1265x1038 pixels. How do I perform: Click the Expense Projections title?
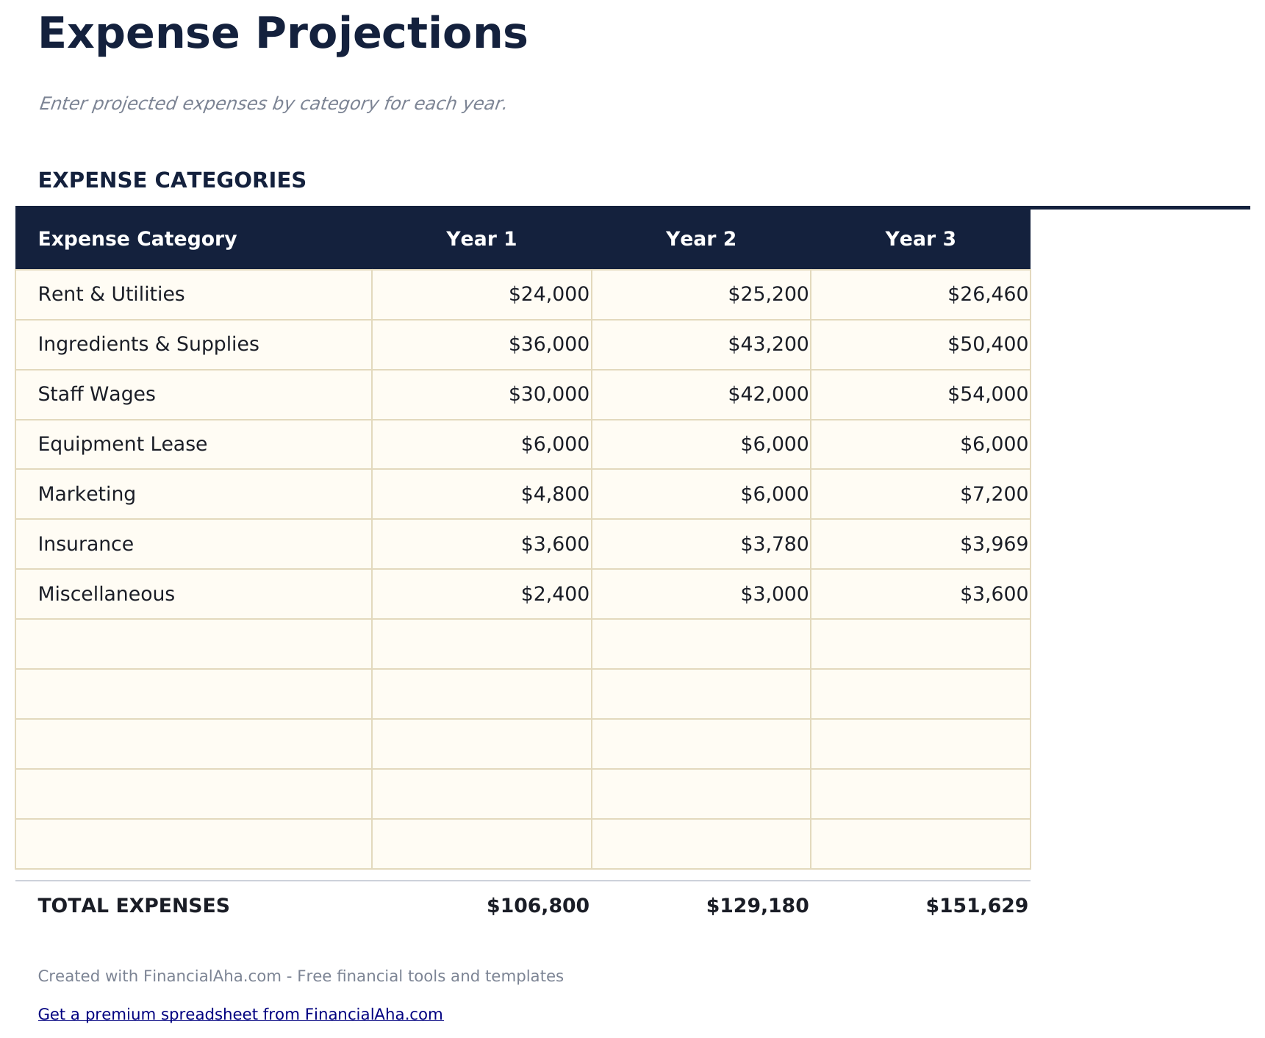tap(282, 34)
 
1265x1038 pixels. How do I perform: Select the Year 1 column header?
tap(481, 239)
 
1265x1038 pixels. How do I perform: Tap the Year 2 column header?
tap(700, 239)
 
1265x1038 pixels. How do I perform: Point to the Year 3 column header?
tap(920, 239)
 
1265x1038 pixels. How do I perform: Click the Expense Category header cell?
tap(137, 239)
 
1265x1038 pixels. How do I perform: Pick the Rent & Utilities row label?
tap(111, 294)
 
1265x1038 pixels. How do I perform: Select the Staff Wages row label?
tap(96, 394)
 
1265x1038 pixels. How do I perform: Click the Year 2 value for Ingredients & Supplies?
tap(768, 344)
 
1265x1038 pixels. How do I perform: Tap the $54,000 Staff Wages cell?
tap(987, 394)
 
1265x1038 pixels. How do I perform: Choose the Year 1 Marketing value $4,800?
tap(555, 494)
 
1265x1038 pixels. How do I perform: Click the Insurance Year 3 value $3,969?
tap(994, 544)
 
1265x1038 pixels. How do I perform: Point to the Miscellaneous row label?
tap(106, 594)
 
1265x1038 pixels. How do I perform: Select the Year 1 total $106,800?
tap(538, 906)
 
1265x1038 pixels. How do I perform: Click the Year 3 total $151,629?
tap(977, 906)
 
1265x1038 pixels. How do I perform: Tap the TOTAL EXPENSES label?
tap(134, 906)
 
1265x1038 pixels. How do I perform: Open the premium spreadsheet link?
tap(240, 1014)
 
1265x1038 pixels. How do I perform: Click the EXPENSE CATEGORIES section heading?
tap(172, 180)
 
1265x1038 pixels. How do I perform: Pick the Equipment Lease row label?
tap(122, 444)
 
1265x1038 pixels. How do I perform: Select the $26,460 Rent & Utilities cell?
tap(987, 294)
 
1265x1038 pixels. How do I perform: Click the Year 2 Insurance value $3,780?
tap(775, 544)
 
